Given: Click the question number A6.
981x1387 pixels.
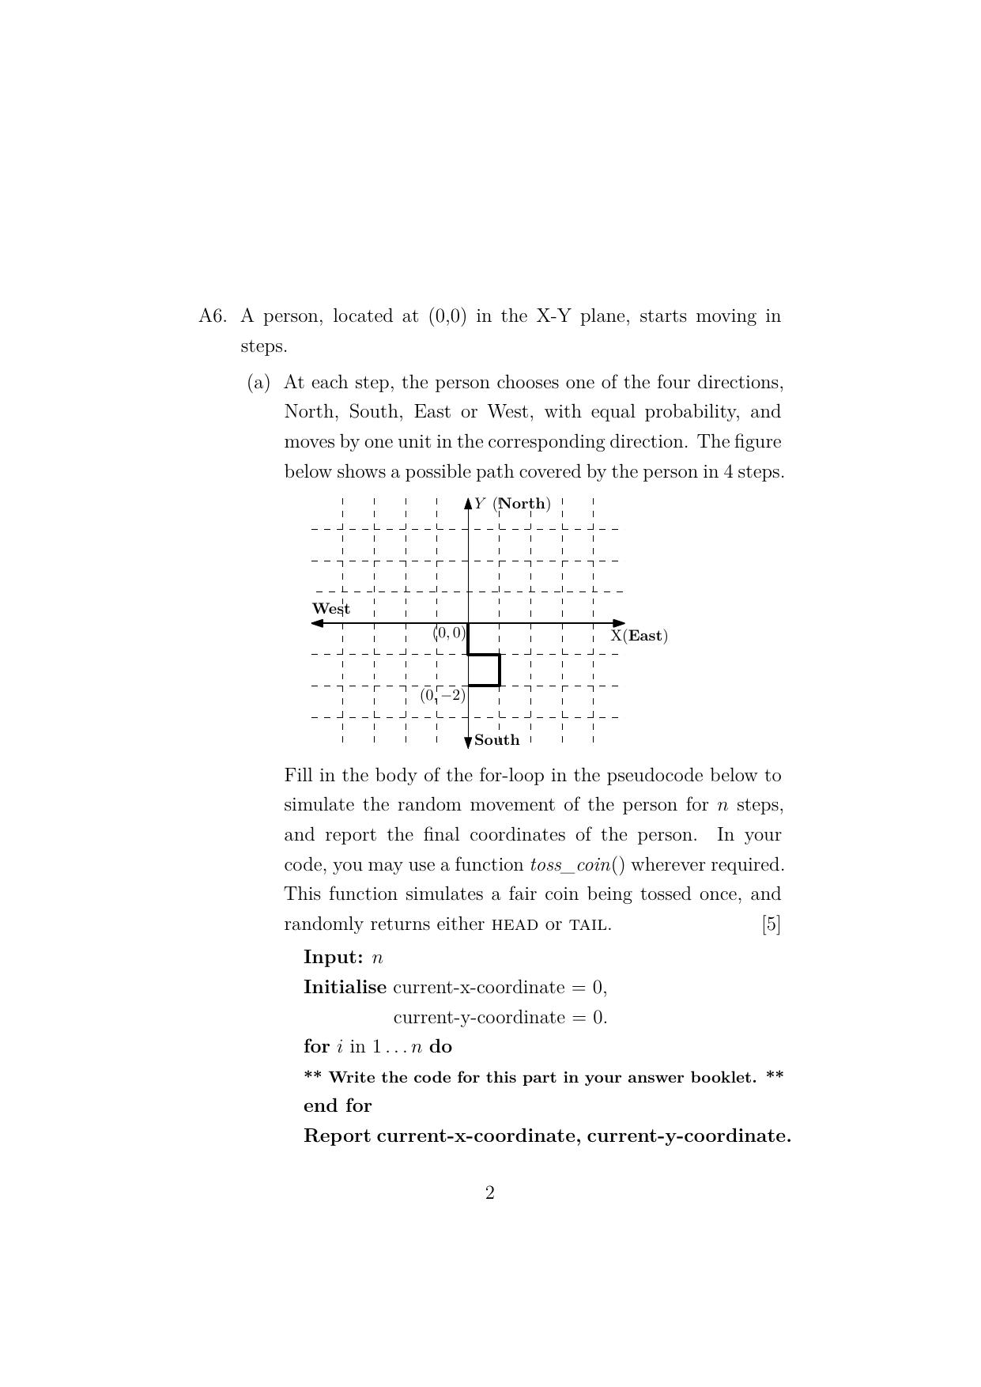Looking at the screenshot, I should point(213,316).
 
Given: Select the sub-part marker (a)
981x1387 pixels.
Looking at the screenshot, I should point(258,383).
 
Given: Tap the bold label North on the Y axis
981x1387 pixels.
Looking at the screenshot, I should point(523,504).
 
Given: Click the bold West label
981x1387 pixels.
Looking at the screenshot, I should point(331,609).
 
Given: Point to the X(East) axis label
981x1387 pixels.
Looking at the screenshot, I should point(639,636).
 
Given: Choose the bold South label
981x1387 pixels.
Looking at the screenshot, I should point(497,740).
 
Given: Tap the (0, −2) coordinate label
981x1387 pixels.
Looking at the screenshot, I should point(443,696).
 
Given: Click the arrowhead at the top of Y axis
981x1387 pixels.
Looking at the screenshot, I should point(468,502).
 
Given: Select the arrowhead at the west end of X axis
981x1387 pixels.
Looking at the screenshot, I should point(318,623).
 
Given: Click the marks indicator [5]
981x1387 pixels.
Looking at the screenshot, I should point(771,924).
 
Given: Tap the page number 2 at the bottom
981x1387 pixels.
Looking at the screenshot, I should point(490,1192).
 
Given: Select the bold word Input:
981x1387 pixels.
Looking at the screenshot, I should point(334,958).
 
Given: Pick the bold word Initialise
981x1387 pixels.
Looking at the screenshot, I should point(345,988).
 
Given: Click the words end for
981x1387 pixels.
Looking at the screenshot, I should point(338,1105).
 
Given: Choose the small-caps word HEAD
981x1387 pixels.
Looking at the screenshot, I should point(515,925).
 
